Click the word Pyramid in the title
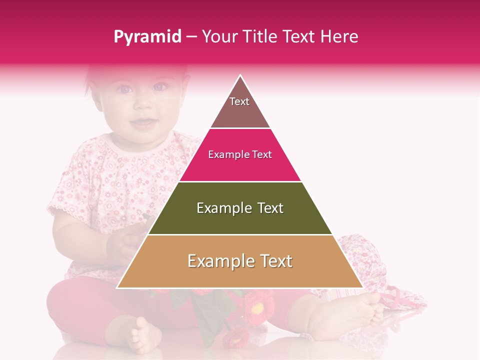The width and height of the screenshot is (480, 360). (x=147, y=37)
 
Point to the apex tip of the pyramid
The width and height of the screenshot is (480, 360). (x=240, y=76)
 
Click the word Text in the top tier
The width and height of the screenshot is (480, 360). (x=239, y=101)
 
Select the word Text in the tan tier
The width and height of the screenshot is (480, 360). (x=273, y=261)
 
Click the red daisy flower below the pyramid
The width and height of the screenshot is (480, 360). (x=256, y=305)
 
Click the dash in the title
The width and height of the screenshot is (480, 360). (x=191, y=37)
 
